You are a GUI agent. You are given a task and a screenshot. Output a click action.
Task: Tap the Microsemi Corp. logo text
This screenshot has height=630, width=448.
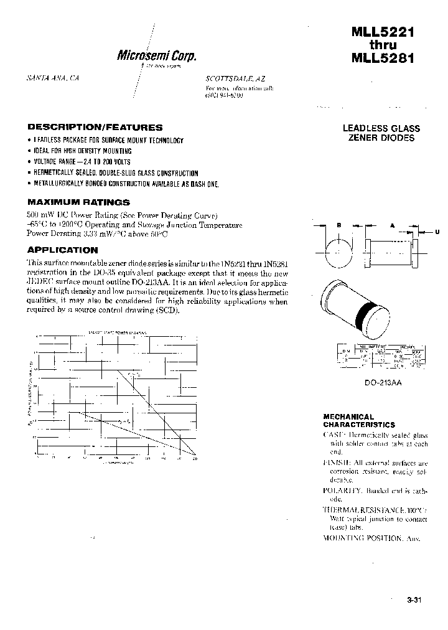pyautogui.click(x=157, y=55)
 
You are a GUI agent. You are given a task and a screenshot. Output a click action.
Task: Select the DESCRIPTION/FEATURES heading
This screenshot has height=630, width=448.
pyautogui.click(x=95, y=127)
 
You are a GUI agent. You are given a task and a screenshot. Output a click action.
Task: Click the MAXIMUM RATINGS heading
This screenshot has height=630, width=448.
pyautogui.click(x=78, y=202)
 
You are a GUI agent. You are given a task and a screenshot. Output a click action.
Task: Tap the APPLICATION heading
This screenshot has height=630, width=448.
pyautogui.click(x=62, y=250)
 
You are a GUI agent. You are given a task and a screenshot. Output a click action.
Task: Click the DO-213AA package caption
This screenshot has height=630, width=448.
pyautogui.click(x=383, y=383)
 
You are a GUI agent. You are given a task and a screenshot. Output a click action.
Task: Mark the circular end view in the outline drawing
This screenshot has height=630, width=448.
pyautogui.click(x=338, y=252)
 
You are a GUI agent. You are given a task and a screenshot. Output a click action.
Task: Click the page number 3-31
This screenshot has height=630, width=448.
pyautogui.click(x=414, y=600)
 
